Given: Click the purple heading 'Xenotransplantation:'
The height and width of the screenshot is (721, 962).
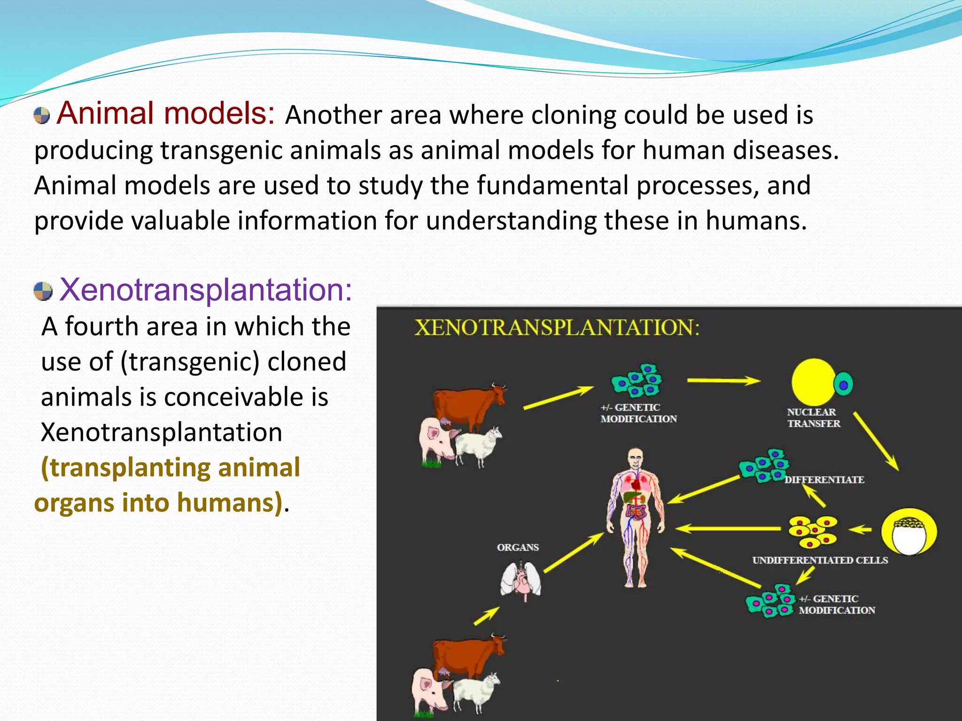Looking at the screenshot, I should coord(206,290).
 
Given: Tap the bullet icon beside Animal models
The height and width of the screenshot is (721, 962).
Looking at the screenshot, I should coord(42,115).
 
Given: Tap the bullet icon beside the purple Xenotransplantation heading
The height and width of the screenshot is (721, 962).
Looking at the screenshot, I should coord(43,291).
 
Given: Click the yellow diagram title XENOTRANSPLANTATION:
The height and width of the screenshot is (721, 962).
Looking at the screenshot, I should coord(557,327).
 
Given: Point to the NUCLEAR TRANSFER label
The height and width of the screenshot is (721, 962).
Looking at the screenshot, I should coord(813,418).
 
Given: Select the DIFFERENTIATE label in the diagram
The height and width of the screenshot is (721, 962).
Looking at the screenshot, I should coord(824,480).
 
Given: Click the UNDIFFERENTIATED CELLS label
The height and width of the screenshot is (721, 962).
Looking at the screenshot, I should coord(820,560).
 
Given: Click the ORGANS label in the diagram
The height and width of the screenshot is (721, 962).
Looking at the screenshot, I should coord(518,547).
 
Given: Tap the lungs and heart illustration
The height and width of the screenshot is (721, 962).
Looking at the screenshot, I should coord(520,581).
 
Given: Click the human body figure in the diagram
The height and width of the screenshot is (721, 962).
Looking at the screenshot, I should coord(635,516).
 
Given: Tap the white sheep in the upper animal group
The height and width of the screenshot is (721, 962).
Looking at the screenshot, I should coord(477,445).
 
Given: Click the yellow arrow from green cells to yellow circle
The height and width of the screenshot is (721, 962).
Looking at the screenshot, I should coord(723,381).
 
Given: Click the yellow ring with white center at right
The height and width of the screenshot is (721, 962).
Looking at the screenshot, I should coord(909,532).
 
